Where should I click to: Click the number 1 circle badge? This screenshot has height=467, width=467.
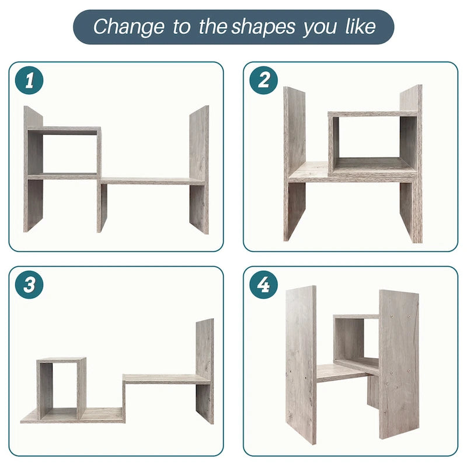[29, 81]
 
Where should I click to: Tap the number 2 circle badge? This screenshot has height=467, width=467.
[263, 81]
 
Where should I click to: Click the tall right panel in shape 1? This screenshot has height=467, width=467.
[199, 169]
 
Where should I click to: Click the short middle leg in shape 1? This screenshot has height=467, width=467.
[102, 207]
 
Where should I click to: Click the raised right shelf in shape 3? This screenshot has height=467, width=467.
[166, 379]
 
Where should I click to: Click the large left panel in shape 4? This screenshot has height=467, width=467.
[301, 365]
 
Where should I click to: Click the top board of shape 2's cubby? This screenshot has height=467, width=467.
[372, 114]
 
